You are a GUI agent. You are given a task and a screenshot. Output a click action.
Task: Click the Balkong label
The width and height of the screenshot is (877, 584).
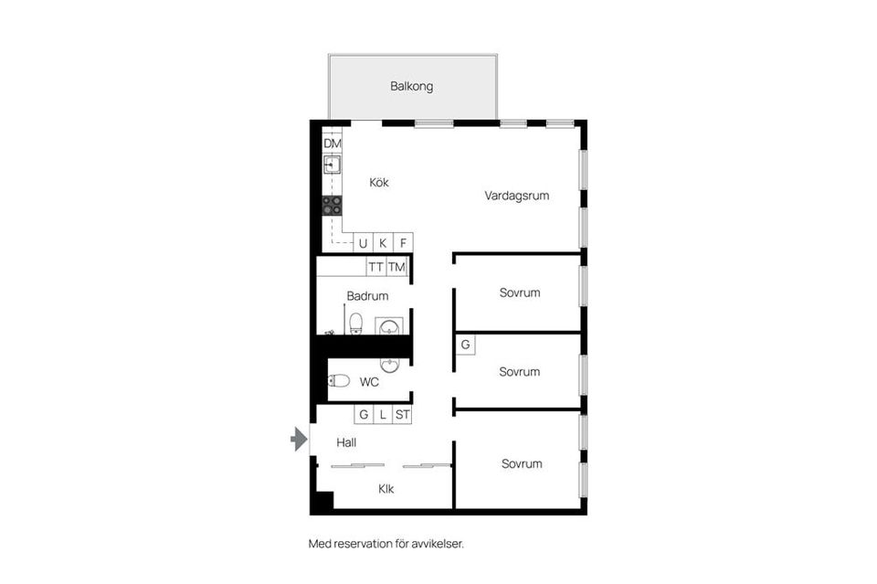(x=411, y=87)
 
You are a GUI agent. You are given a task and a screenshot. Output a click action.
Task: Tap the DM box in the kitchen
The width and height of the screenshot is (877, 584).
(x=332, y=143)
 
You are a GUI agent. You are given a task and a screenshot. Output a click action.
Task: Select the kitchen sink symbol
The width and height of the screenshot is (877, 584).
(x=332, y=165)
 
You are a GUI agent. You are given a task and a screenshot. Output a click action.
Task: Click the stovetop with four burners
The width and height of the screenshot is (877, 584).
(x=332, y=205)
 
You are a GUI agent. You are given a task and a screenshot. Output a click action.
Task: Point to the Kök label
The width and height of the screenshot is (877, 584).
(x=379, y=183)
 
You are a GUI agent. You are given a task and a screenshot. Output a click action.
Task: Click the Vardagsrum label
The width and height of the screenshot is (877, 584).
(x=516, y=196)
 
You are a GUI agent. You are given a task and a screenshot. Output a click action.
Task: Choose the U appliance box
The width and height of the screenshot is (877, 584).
(x=363, y=243)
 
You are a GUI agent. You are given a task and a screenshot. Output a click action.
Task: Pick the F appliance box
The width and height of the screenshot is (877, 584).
(x=403, y=243)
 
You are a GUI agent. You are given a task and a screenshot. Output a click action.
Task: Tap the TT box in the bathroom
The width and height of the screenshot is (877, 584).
(x=375, y=267)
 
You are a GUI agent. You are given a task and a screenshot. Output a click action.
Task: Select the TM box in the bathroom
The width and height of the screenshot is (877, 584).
(x=396, y=267)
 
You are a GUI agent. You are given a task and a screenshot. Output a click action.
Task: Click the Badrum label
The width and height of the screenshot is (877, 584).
(x=367, y=296)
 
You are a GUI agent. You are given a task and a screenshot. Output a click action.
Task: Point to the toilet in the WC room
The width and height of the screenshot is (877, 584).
(x=339, y=381)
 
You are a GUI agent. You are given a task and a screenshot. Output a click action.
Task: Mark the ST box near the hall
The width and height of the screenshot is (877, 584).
(x=403, y=415)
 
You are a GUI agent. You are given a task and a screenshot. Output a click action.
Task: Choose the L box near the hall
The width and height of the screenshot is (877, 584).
(x=383, y=415)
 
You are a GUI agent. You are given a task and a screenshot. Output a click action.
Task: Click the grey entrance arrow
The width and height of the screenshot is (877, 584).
(x=299, y=441)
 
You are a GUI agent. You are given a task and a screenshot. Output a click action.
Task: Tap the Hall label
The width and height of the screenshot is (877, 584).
(x=346, y=442)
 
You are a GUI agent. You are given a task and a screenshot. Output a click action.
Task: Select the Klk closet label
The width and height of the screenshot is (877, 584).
(x=386, y=489)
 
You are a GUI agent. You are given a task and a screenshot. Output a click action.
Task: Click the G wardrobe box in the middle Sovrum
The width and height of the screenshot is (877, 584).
(x=465, y=345)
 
